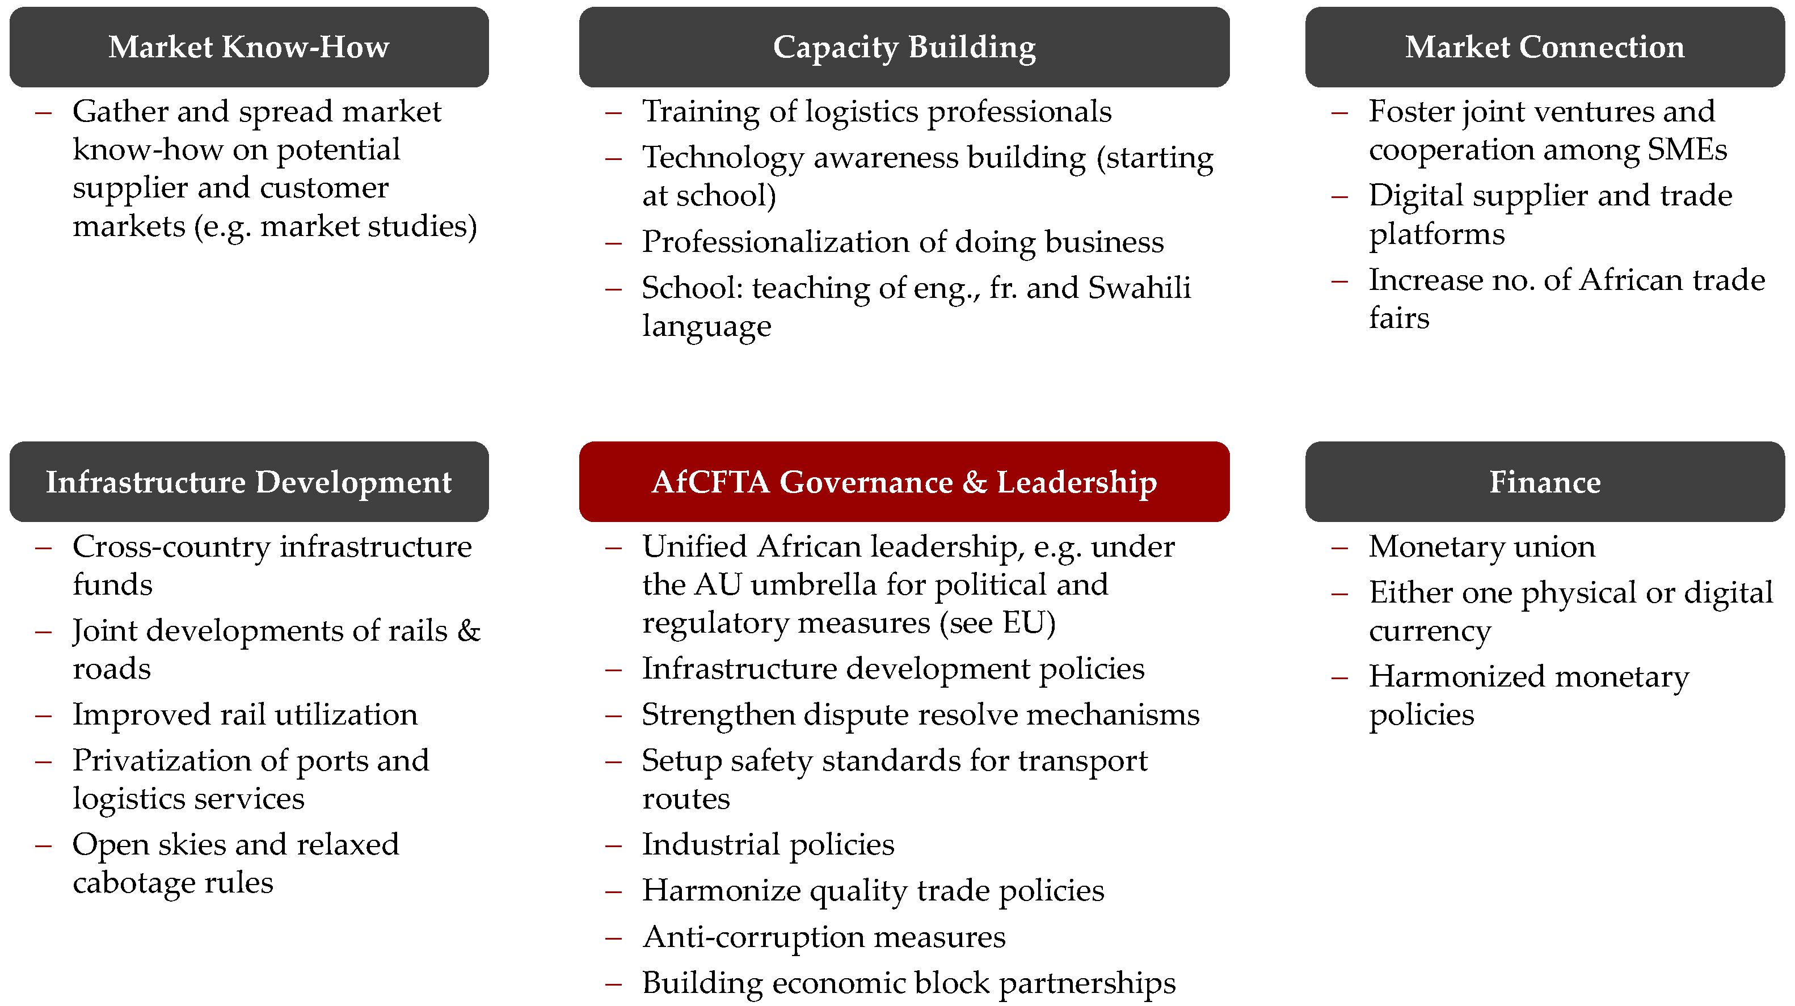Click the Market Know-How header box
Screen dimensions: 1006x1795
(x=248, y=47)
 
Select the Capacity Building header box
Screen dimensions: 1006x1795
(x=904, y=47)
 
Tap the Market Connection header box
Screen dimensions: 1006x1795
(x=1544, y=47)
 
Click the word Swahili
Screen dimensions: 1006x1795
(x=1139, y=288)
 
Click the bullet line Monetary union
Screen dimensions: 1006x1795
(x=1481, y=546)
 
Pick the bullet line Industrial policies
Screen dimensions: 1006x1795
(x=768, y=844)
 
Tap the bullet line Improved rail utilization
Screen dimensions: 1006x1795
(x=245, y=715)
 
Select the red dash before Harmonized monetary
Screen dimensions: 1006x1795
(x=1339, y=677)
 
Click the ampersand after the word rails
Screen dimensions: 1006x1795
(x=469, y=631)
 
